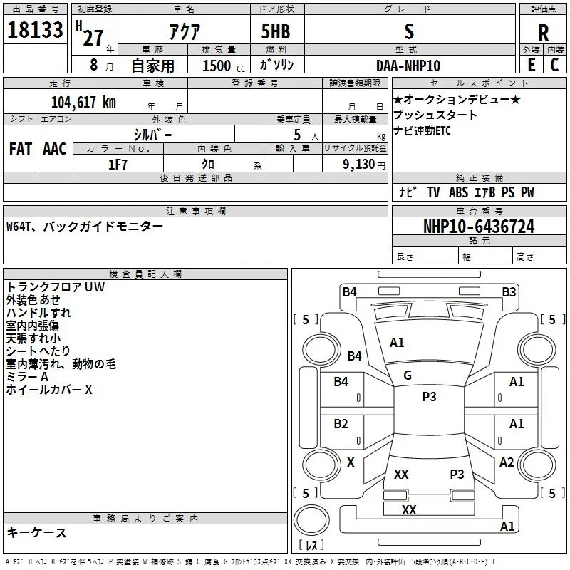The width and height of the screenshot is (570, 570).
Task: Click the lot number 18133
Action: point(35,30)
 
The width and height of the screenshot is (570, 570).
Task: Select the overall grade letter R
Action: point(543,33)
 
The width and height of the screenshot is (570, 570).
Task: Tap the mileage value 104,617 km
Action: point(83,103)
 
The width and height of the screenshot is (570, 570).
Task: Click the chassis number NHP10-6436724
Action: point(479,227)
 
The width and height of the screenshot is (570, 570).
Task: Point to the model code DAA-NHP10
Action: point(408,66)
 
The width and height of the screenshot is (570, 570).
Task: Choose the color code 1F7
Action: point(118,165)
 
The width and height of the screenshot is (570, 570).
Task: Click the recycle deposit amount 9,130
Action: point(359,165)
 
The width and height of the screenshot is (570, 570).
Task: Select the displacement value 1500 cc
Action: point(224,66)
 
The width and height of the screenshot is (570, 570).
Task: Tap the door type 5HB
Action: point(276,31)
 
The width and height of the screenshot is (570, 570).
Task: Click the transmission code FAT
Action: point(21,149)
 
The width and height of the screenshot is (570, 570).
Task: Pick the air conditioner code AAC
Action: point(55,149)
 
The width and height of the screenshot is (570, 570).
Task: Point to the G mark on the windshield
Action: point(408,375)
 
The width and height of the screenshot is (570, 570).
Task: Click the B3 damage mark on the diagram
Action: point(509,292)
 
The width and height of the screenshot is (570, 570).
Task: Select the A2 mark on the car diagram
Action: point(507,462)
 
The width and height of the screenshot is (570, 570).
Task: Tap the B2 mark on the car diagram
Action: point(341,424)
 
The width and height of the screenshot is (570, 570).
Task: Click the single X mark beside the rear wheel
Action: point(351,462)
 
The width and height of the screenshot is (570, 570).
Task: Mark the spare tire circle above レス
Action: point(311,520)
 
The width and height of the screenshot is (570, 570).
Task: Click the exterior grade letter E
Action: point(532,65)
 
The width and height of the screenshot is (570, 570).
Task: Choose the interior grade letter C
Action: point(554,65)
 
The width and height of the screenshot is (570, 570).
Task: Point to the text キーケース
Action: point(37,532)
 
